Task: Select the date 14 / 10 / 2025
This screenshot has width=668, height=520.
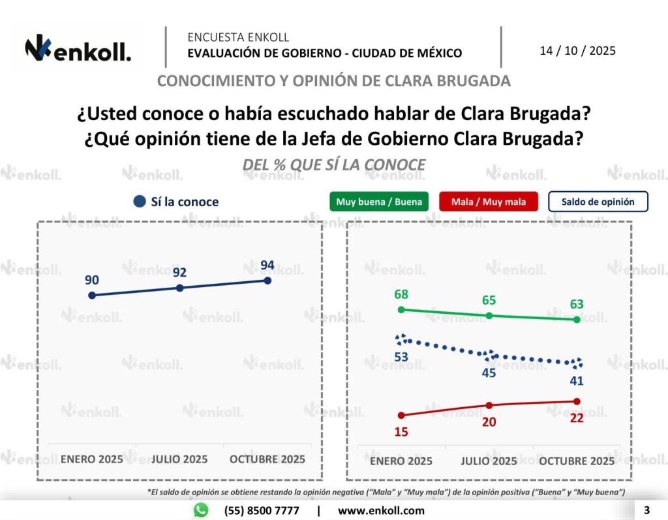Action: (577, 50)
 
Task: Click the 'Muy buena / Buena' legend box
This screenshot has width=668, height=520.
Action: (379, 202)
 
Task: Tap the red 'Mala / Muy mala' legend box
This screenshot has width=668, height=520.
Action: (488, 202)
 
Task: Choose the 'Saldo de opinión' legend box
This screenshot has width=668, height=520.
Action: (598, 202)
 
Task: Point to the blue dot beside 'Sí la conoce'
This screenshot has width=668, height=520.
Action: (139, 202)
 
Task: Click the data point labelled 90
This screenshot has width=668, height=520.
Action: (92, 295)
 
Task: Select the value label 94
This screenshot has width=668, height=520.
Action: (267, 266)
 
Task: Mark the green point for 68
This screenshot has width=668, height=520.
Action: (401, 309)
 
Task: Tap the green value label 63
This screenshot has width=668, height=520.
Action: (576, 304)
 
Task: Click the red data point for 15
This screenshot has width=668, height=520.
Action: (401, 415)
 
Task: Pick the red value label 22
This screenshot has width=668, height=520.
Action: (576, 418)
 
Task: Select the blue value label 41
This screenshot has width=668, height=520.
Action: (576, 380)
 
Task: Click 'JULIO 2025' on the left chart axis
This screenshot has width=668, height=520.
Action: (179, 459)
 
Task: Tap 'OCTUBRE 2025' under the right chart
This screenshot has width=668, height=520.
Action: (576, 461)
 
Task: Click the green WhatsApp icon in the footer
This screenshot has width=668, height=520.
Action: (201, 510)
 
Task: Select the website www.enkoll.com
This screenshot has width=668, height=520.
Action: (381, 510)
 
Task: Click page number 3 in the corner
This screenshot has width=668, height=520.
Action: (647, 510)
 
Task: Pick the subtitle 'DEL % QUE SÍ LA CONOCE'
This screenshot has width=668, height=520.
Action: (333, 165)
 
